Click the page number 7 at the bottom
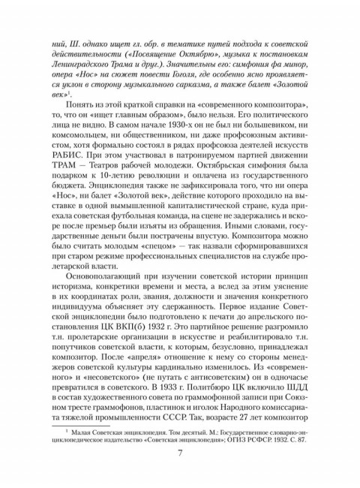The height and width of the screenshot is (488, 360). [180, 472]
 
